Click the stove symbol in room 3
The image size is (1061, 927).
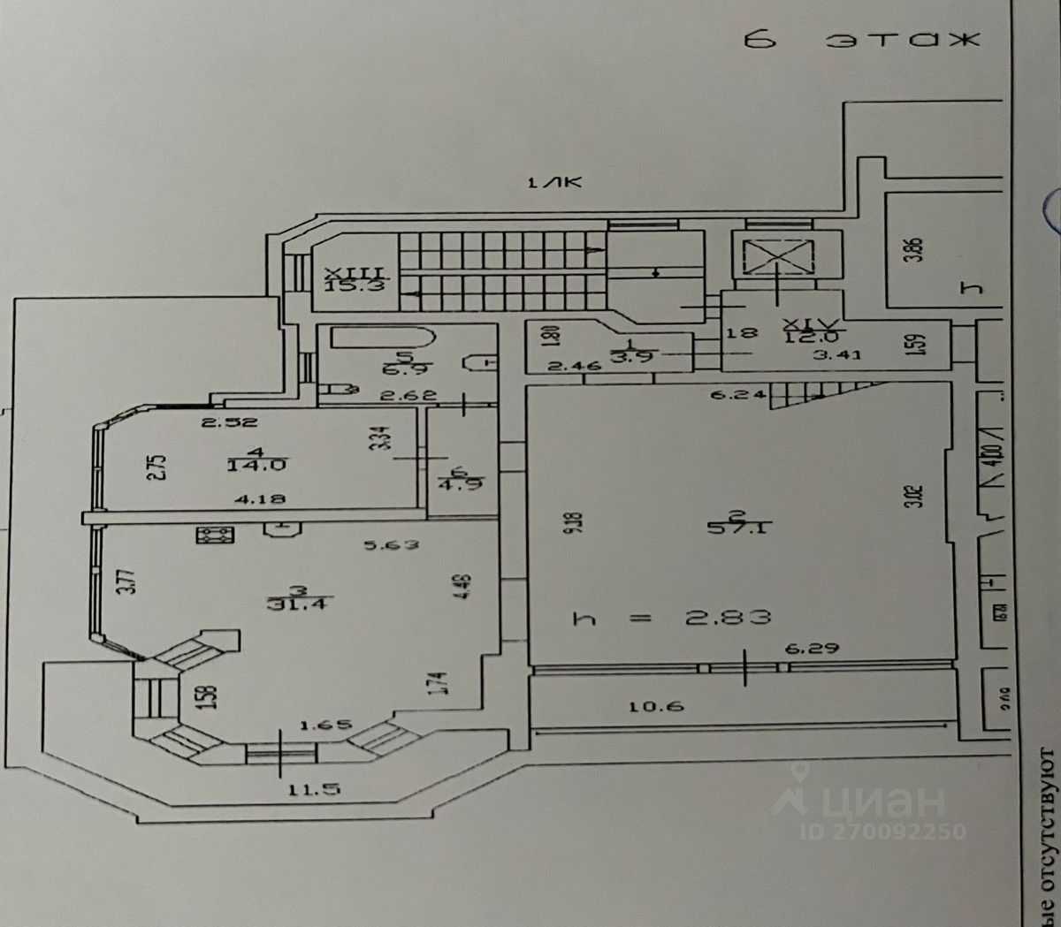215,535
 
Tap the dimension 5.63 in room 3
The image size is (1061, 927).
392,545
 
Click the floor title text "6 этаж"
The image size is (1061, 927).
863,41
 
